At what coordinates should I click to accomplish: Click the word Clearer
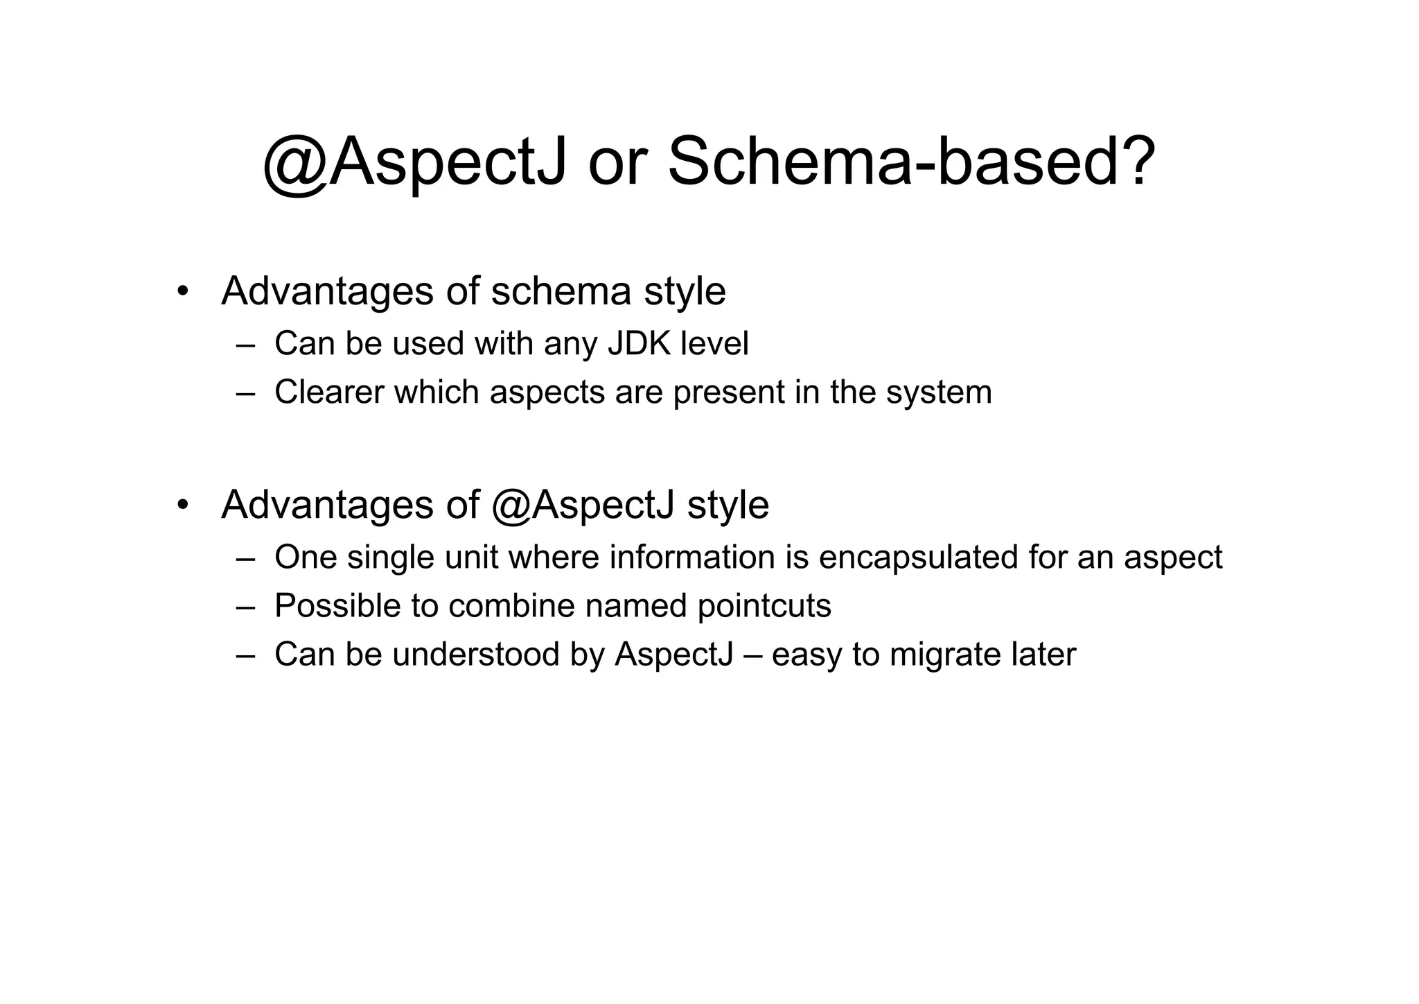[x=329, y=392]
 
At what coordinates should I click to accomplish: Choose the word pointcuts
[x=764, y=606]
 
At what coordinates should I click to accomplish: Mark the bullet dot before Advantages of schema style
[x=182, y=291]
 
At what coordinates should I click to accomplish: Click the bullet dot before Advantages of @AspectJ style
[x=182, y=505]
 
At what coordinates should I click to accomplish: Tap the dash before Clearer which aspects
[x=245, y=393]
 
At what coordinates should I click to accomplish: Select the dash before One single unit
[x=245, y=558]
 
